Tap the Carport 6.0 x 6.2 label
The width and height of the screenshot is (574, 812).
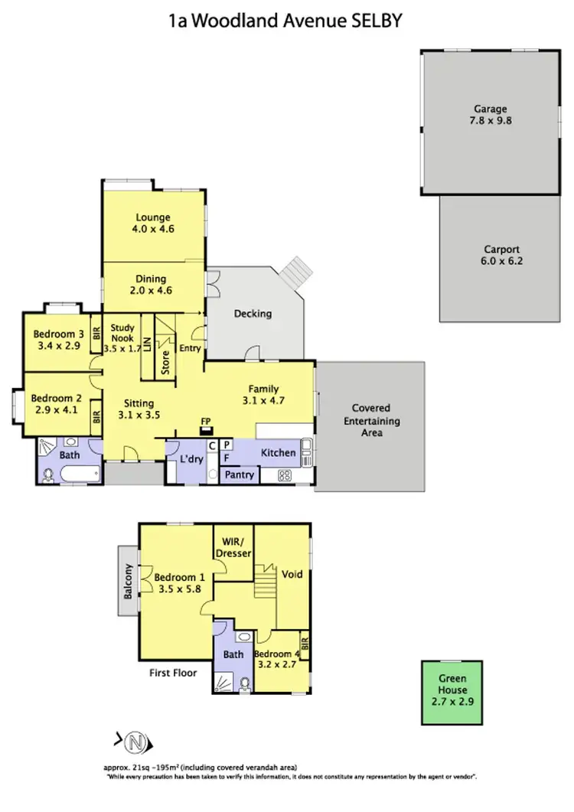click(502, 256)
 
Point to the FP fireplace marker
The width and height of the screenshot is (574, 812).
click(206, 422)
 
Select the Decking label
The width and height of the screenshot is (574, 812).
click(253, 314)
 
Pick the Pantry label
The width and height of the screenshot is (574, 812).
click(240, 475)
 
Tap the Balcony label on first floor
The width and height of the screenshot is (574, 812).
click(129, 580)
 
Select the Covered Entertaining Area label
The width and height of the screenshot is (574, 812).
click(370, 420)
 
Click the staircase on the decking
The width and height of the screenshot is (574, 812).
click(295, 271)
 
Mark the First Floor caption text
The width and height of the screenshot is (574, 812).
click(173, 673)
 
